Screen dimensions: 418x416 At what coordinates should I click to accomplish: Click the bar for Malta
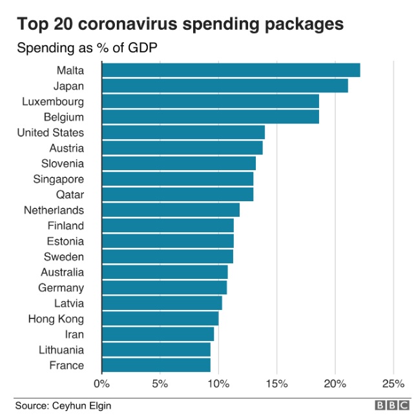(231, 71)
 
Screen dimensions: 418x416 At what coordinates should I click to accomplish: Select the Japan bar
(225, 86)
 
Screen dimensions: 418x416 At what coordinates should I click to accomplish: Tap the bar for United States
(183, 133)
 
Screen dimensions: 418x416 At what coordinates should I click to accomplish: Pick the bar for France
(156, 366)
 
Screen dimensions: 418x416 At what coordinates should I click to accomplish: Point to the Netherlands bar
(171, 210)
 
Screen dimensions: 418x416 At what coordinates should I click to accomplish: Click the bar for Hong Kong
(160, 319)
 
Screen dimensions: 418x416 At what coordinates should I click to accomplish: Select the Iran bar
(158, 335)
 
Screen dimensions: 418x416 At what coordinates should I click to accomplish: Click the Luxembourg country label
(53, 102)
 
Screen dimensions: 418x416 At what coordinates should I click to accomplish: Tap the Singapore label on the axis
(59, 179)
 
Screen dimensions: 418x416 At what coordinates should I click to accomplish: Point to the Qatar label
(70, 195)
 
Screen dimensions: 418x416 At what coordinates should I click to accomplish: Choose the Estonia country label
(65, 241)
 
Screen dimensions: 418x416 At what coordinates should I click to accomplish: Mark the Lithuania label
(61, 350)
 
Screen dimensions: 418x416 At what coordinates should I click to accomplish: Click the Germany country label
(61, 288)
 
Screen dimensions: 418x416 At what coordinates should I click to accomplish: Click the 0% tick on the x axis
(102, 383)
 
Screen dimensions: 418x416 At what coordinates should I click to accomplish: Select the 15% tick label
(276, 383)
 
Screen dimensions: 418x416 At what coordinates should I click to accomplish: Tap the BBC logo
(391, 406)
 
